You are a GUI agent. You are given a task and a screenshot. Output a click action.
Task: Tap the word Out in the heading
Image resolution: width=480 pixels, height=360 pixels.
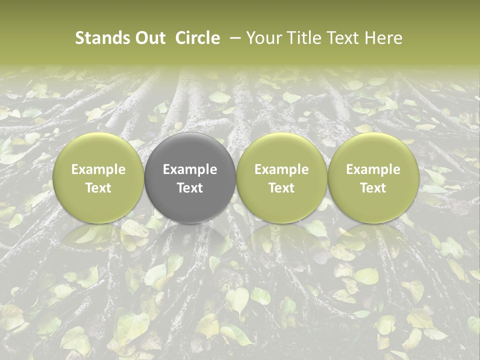point(149,38)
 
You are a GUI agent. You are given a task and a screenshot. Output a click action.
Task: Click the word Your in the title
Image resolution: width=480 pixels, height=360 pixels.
point(262,38)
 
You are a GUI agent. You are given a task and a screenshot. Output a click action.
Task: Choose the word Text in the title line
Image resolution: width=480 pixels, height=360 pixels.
point(339,38)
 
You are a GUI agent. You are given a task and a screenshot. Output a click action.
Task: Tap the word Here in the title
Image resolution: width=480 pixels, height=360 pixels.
point(383,38)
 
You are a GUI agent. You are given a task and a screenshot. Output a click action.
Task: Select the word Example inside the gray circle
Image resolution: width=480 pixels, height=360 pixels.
point(190,169)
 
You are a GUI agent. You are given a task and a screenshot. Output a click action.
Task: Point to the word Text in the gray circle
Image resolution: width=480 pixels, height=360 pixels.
point(190,188)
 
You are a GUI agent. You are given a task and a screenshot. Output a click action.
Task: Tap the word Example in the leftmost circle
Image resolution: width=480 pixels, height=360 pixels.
point(98,169)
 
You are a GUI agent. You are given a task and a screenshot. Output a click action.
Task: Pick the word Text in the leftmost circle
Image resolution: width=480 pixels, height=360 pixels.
point(98,188)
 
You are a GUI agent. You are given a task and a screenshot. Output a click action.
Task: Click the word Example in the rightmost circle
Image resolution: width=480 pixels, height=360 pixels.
point(373,169)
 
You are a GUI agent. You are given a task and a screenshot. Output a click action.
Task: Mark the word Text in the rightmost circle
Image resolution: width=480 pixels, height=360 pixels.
point(373,188)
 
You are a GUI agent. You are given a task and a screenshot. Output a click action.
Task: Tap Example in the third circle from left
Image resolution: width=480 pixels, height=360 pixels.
point(281,169)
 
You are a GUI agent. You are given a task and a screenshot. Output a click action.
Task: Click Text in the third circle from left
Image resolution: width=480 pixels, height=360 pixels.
point(281,188)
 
